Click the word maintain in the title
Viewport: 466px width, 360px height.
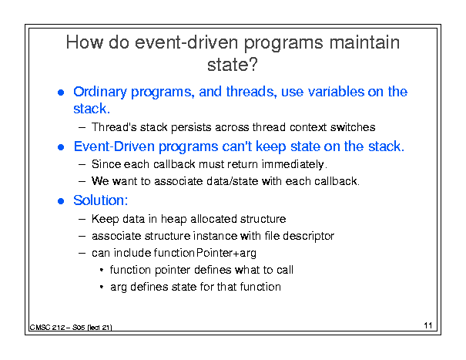(364, 42)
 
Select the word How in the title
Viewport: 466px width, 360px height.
(85, 42)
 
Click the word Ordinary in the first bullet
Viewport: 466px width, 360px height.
(100, 93)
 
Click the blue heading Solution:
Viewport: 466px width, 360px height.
(100, 200)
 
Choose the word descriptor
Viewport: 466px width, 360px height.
(309, 236)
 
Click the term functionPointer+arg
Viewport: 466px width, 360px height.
(205, 253)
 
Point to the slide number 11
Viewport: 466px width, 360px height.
(428, 325)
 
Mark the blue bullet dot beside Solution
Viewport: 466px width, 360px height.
(61, 201)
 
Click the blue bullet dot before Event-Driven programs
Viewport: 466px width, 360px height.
(61, 147)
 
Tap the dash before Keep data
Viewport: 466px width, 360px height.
(82, 220)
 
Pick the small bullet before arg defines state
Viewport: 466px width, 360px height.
(102, 288)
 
